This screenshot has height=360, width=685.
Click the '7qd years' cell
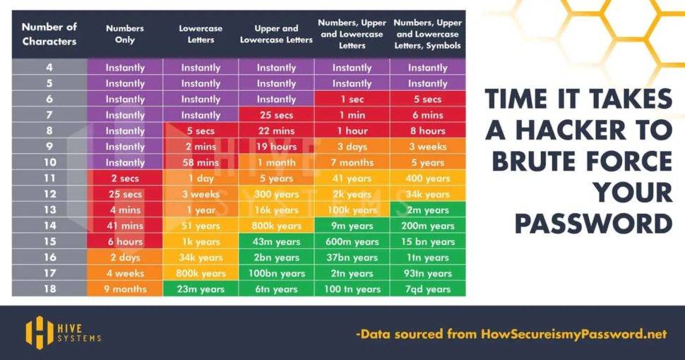[427, 289]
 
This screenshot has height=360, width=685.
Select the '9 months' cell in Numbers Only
[125, 289]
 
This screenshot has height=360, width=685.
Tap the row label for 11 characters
[49, 179]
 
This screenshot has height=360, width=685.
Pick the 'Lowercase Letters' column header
[201, 34]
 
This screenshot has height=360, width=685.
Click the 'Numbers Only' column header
[125, 34]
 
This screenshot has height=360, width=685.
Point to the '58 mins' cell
[201, 163]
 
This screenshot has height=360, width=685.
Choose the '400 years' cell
[427, 179]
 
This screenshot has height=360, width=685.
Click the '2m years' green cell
[427, 210]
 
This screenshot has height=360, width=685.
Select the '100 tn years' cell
[352, 289]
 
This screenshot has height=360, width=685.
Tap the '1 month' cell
[276, 163]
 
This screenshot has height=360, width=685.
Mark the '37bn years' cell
[352, 258]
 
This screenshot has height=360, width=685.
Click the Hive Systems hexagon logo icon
[40, 332]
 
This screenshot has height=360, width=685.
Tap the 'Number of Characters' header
[49, 34]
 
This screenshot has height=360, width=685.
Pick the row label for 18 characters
[49, 289]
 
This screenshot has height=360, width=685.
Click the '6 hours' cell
[125, 242]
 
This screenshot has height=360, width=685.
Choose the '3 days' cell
[352, 147]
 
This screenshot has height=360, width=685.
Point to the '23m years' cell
[201, 289]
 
